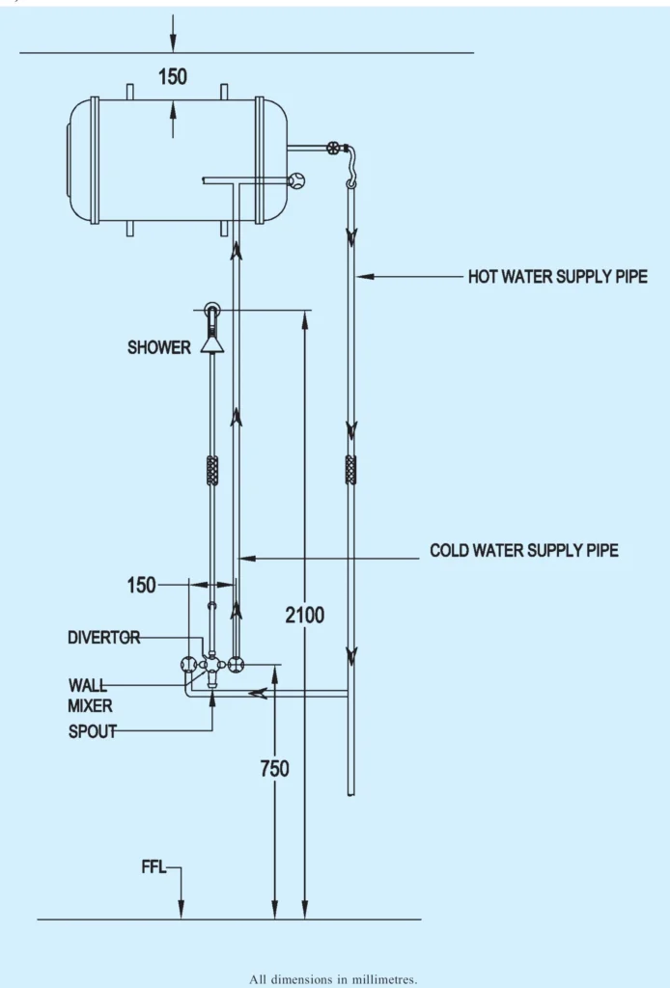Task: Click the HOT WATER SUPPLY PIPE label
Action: (557, 277)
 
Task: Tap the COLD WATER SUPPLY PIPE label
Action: (524, 551)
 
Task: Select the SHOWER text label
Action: (159, 347)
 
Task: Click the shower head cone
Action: (212, 343)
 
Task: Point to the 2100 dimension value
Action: (305, 615)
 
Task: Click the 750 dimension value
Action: (274, 769)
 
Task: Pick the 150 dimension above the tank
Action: (172, 77)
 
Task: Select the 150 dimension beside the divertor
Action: (141, 585)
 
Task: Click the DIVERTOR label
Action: (103, 638)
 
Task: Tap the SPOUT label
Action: (92, 731)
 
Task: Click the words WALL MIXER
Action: (89, 696)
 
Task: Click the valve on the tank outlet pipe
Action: (334, 148)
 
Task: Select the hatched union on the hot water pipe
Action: (351, 470)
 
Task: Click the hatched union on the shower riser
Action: (212, 470)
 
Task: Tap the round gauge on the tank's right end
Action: (296, 179)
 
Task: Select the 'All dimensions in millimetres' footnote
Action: (333, 979)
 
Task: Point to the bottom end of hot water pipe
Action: (351, 793)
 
